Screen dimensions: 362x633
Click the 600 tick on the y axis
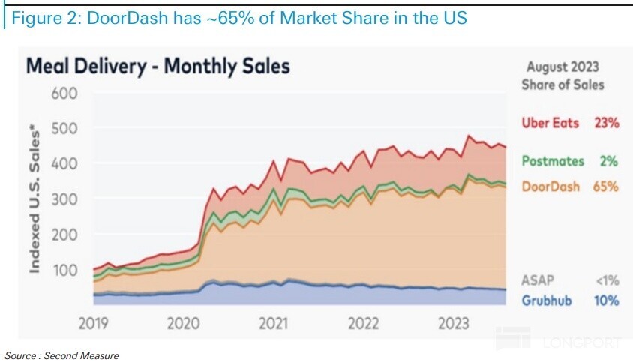point(65,94)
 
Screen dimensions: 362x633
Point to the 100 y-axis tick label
point(65,268)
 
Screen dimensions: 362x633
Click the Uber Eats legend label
point(550,123)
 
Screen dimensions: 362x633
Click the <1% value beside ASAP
point(606,280)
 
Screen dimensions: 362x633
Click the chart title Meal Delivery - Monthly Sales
point(157,66)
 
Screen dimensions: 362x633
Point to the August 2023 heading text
point(562,67)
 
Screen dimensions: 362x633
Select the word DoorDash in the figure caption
point(116,17)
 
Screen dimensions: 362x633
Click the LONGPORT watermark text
point(580,343)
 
